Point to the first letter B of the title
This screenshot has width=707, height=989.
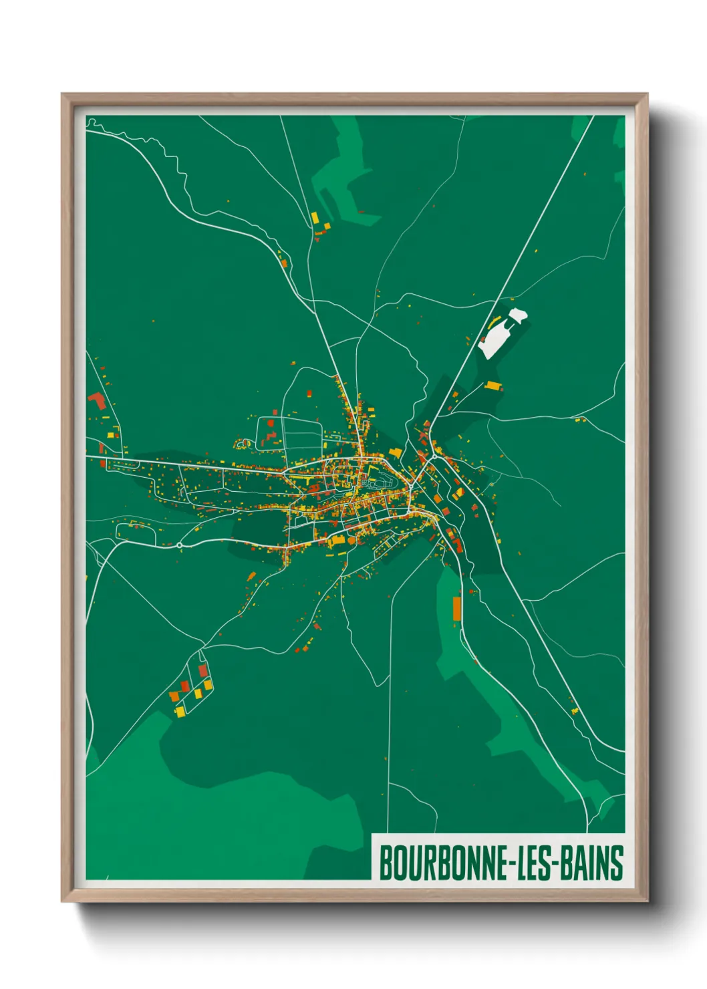coord(386,863)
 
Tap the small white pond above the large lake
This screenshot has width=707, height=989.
coord(517,315)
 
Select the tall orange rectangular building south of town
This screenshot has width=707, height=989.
coord(457,609)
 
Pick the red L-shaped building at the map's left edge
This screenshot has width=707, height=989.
coord(98,401)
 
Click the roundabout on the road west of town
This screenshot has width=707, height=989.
coord(180,545)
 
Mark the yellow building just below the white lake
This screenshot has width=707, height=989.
coord(492,386)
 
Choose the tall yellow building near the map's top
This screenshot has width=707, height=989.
coord(314,218)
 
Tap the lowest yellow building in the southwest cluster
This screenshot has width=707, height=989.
coord(180,710)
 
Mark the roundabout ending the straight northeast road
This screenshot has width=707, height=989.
coord(434,456)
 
